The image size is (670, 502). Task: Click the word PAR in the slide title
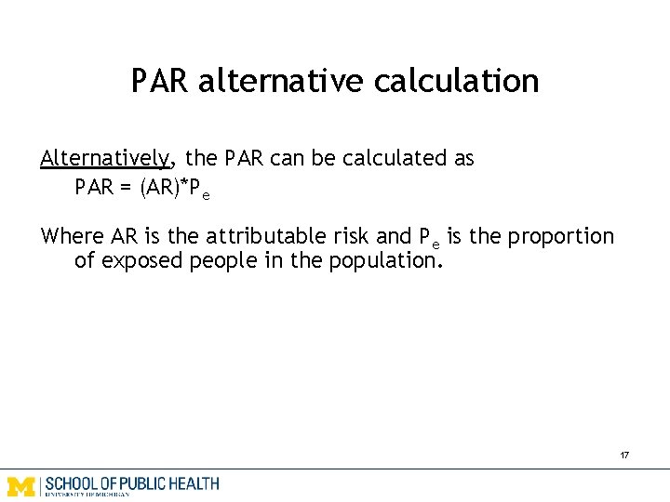pyautogui.click(x=160, y=81)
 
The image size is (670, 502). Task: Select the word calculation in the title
pyautogui.click(x=456, y=81)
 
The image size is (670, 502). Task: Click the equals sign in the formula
pyautogui.click(x=126, y=187)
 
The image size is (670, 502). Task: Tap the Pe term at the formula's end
pyautogui.click(x=199, y=189)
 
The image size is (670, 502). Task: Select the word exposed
pyautogui.click(x=141, y=260)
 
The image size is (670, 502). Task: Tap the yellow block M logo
pyautogui.click(x=21, y=484)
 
